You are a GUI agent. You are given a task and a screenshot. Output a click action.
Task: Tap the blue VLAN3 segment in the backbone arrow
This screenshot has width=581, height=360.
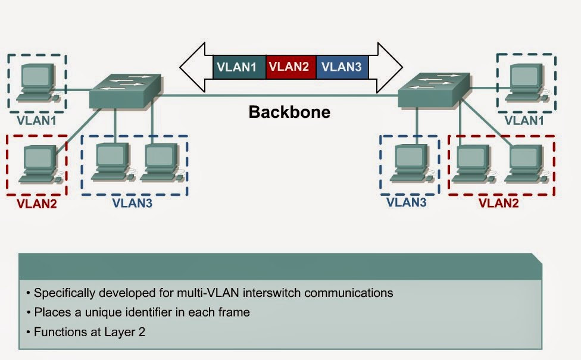(341, 67)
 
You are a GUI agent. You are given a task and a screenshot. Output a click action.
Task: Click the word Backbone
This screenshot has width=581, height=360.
(289, 112)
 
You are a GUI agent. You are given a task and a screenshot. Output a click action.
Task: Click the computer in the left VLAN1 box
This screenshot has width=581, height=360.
(36, 83)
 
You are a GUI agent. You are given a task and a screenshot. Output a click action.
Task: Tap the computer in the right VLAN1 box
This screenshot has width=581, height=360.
(526, 82)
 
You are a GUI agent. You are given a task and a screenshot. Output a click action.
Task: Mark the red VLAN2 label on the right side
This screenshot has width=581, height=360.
(499, 203)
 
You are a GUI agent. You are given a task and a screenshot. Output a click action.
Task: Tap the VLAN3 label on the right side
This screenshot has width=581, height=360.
(407, 202)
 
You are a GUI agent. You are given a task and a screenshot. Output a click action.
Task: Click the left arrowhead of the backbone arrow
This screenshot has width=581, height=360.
(194, 67)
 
